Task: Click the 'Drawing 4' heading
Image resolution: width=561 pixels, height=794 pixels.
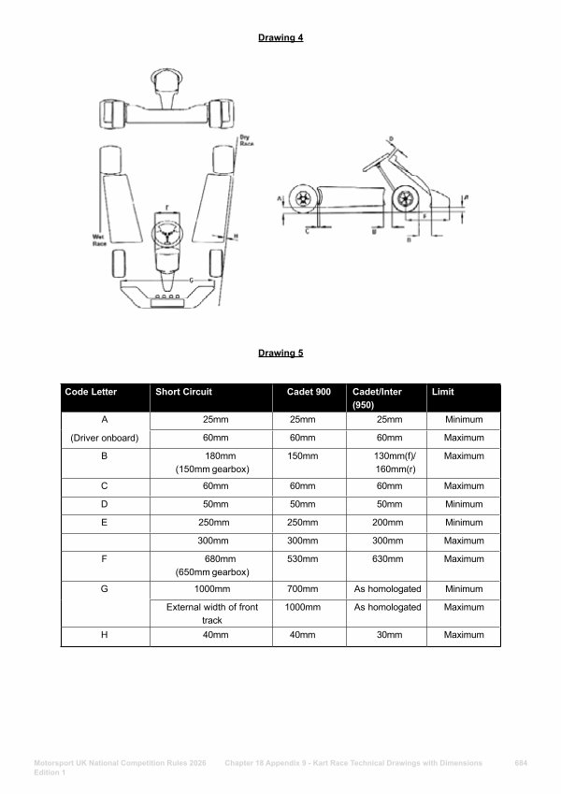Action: click(280, 37)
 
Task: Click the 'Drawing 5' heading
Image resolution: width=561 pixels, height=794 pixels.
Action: click(280, 354)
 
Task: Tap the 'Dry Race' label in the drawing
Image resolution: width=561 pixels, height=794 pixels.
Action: click(245, 141)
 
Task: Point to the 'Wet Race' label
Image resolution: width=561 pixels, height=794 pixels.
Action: click(98, 238)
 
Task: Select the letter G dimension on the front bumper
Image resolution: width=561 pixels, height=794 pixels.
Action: click(191, 280)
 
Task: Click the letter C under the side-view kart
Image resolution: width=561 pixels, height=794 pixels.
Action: click(308, 231)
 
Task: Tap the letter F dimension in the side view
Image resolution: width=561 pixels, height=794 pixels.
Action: click(425, 216)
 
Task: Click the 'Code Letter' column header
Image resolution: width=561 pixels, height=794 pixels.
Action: click(91, 392)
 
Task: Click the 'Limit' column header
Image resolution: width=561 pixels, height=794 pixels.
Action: click(442, 392)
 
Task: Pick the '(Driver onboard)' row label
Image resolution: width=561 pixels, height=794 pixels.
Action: click(105, 438)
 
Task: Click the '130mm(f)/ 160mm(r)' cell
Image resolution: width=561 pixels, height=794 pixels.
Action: click(387, 462)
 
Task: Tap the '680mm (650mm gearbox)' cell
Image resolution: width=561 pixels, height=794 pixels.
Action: click(212, 565)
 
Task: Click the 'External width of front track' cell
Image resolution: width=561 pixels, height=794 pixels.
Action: click(212, 614)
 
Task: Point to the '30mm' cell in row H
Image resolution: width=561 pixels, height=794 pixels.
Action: click(387, 635)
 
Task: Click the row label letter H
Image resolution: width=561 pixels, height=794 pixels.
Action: click(105, 635)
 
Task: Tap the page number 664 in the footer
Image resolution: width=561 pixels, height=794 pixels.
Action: click(521, 763)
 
